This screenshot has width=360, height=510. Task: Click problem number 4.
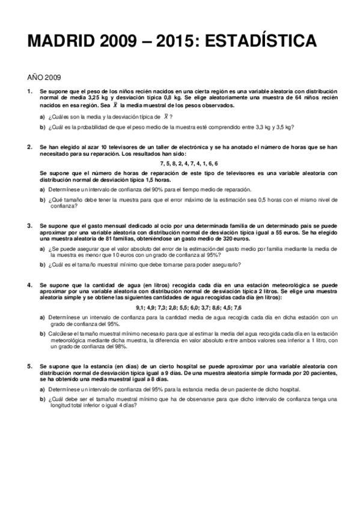(30, 284)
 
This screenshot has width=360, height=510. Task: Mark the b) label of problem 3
(43, 263)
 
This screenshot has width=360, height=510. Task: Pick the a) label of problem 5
(43, 389)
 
